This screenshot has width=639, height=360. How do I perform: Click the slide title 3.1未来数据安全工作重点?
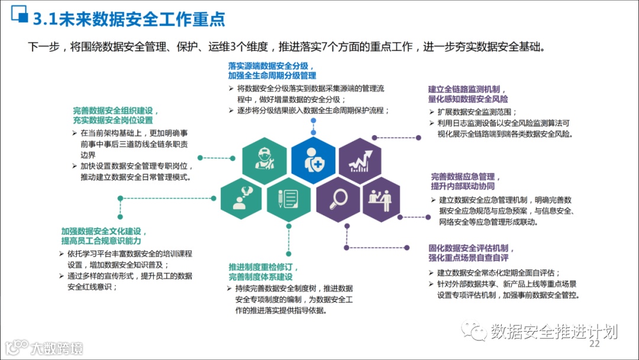pyautogui.click(x=129, y=18)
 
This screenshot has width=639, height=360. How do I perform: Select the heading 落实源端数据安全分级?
pyautogui.click(x=272, y=66)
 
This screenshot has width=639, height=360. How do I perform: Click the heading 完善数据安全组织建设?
pyautogui.click(x=117, y=110)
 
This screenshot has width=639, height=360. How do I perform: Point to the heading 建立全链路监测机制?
pyautogui.click(x=467, y=89)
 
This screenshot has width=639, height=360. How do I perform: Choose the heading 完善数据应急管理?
pyautogui.click(x=466, y=177)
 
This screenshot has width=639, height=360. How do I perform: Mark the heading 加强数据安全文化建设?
pyautogui.click(x=104, y=232)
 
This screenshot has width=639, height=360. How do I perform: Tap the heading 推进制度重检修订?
pyautogui.click(x=264, y=267)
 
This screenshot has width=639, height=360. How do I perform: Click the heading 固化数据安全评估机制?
pyautogui.click(x=472, y=248)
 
